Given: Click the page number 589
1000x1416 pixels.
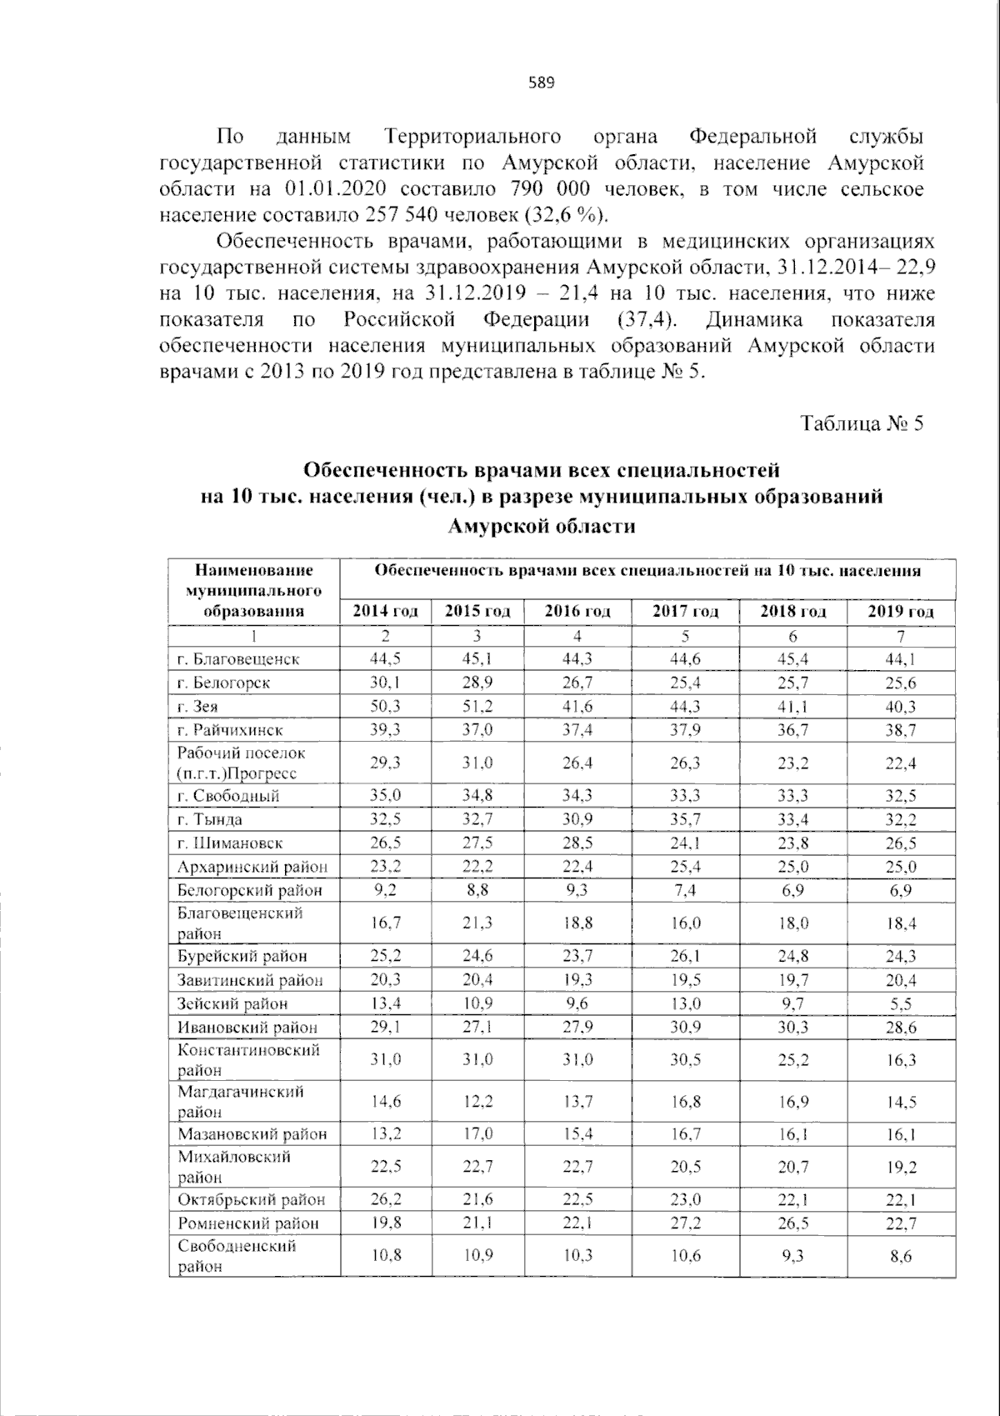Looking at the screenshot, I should click(541, 83).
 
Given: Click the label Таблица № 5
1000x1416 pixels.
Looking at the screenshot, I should click(862, 423).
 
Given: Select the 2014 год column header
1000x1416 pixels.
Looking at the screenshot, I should click(385, 611).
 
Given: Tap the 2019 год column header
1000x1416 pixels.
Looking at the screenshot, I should click(900, 611).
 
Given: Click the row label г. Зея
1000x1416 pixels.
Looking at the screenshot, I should click(198, 706).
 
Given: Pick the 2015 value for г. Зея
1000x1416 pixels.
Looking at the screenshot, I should click(477, 706).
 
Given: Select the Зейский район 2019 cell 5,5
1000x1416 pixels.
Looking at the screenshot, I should click(900, 1004).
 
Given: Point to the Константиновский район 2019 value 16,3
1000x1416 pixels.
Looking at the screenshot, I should click(900, 1060).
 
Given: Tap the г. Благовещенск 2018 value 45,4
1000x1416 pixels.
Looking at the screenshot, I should click(792, 658).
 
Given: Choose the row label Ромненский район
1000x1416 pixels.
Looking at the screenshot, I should click(247, 1223).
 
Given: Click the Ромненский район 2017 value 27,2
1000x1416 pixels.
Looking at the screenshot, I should click(685, 1223).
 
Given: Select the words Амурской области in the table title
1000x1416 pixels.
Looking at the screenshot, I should click(541, 526).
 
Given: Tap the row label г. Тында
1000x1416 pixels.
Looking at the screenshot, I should click(209, 819).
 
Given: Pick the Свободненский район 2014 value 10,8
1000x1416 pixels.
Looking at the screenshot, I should click(385, 1256).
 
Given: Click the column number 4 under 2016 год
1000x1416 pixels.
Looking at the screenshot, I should click(577, 636).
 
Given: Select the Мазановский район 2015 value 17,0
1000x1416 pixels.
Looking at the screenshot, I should click(477, 1134).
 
